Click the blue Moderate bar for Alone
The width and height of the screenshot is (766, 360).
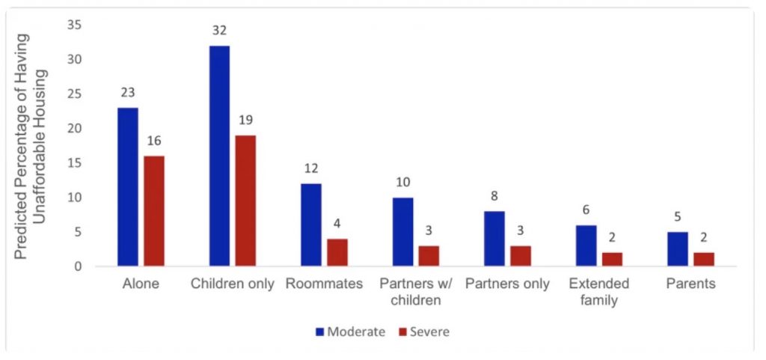128,187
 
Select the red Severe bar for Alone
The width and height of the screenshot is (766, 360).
154,211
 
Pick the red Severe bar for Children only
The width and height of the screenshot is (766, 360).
245,201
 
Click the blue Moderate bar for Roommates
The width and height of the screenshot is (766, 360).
311,225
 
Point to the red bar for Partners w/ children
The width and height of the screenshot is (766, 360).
429,255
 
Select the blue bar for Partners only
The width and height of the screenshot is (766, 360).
494,239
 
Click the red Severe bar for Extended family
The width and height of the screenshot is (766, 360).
612,259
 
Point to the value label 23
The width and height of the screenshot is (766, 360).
128,94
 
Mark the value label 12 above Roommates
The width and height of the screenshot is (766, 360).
311,170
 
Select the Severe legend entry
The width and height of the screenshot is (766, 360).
423,331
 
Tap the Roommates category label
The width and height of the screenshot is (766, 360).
324,284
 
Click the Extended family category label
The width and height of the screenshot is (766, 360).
598,292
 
